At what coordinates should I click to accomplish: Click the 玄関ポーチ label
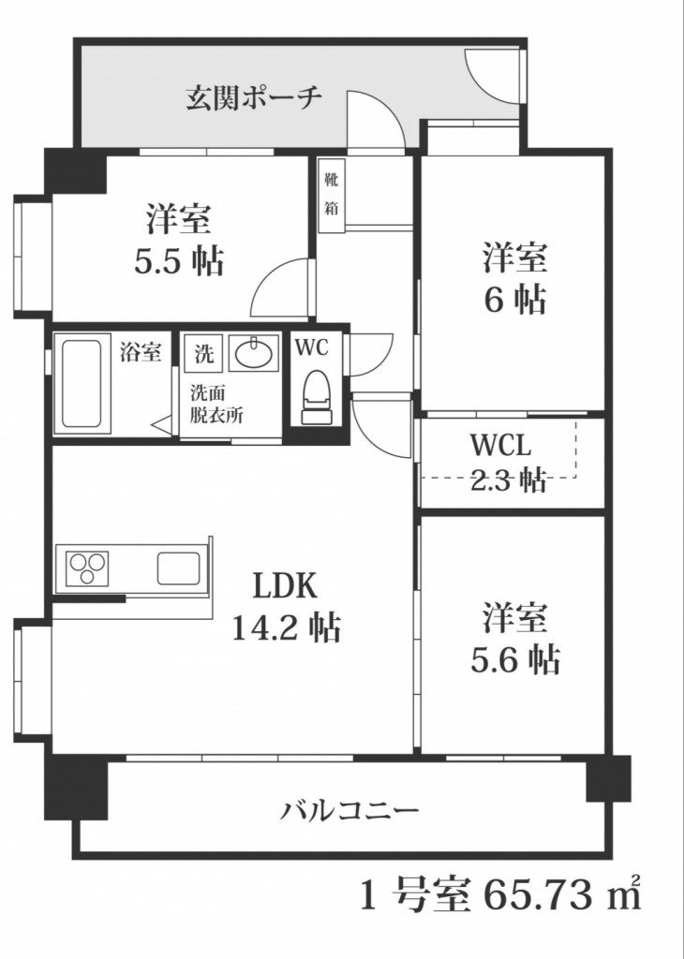[x=253, y=97]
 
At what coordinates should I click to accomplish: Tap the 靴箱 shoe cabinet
[x=332, y=193]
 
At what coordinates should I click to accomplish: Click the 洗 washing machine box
[x=203, y=354]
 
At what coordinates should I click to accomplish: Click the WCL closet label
[x=502, y=444]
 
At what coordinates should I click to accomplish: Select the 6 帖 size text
[x=514, y=299]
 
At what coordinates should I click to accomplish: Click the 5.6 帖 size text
[x=514, y=659]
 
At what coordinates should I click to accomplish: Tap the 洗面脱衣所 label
[x=216, y=405]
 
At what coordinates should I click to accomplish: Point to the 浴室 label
[x=141, y=353]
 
